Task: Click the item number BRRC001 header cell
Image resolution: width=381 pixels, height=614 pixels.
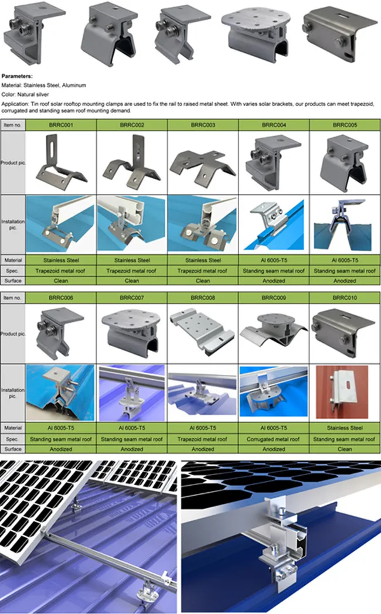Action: tap(61, 125)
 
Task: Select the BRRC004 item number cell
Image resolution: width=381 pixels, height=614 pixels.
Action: tap(274, 125)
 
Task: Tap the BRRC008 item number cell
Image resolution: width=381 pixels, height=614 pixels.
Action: tap(203, 298)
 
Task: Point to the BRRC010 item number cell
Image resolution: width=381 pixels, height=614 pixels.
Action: tap(345, 298)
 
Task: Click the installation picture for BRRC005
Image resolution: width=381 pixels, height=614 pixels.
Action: tap(345, 224)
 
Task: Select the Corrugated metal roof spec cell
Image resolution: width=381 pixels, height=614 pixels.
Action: tap(274, 439)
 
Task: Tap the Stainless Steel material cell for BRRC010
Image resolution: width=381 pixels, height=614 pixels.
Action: tap(345, 428)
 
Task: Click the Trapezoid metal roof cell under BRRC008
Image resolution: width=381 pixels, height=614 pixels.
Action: tap(203, 439)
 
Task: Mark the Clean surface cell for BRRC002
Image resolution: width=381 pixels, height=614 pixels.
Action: tap(132, 281)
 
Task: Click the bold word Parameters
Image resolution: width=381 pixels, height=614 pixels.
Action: tap(17, 76)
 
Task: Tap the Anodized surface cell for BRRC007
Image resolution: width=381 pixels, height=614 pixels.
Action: tap(132, 449)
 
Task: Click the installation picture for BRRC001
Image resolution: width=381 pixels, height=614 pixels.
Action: tap(61, 224)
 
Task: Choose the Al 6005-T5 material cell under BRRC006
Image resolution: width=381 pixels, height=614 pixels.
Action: tap(61, 428)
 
